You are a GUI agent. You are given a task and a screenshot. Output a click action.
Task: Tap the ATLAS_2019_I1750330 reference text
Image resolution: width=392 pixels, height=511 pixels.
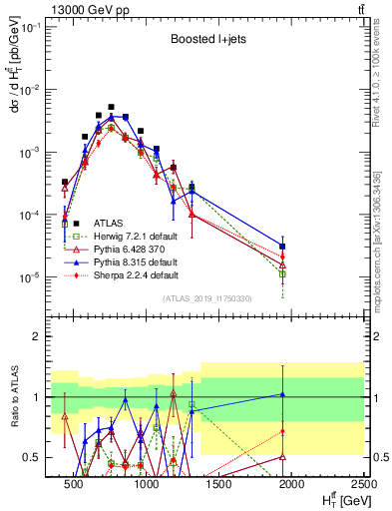click(207, 298)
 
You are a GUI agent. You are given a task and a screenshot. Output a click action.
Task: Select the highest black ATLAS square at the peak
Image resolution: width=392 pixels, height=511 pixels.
click(112, 107)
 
